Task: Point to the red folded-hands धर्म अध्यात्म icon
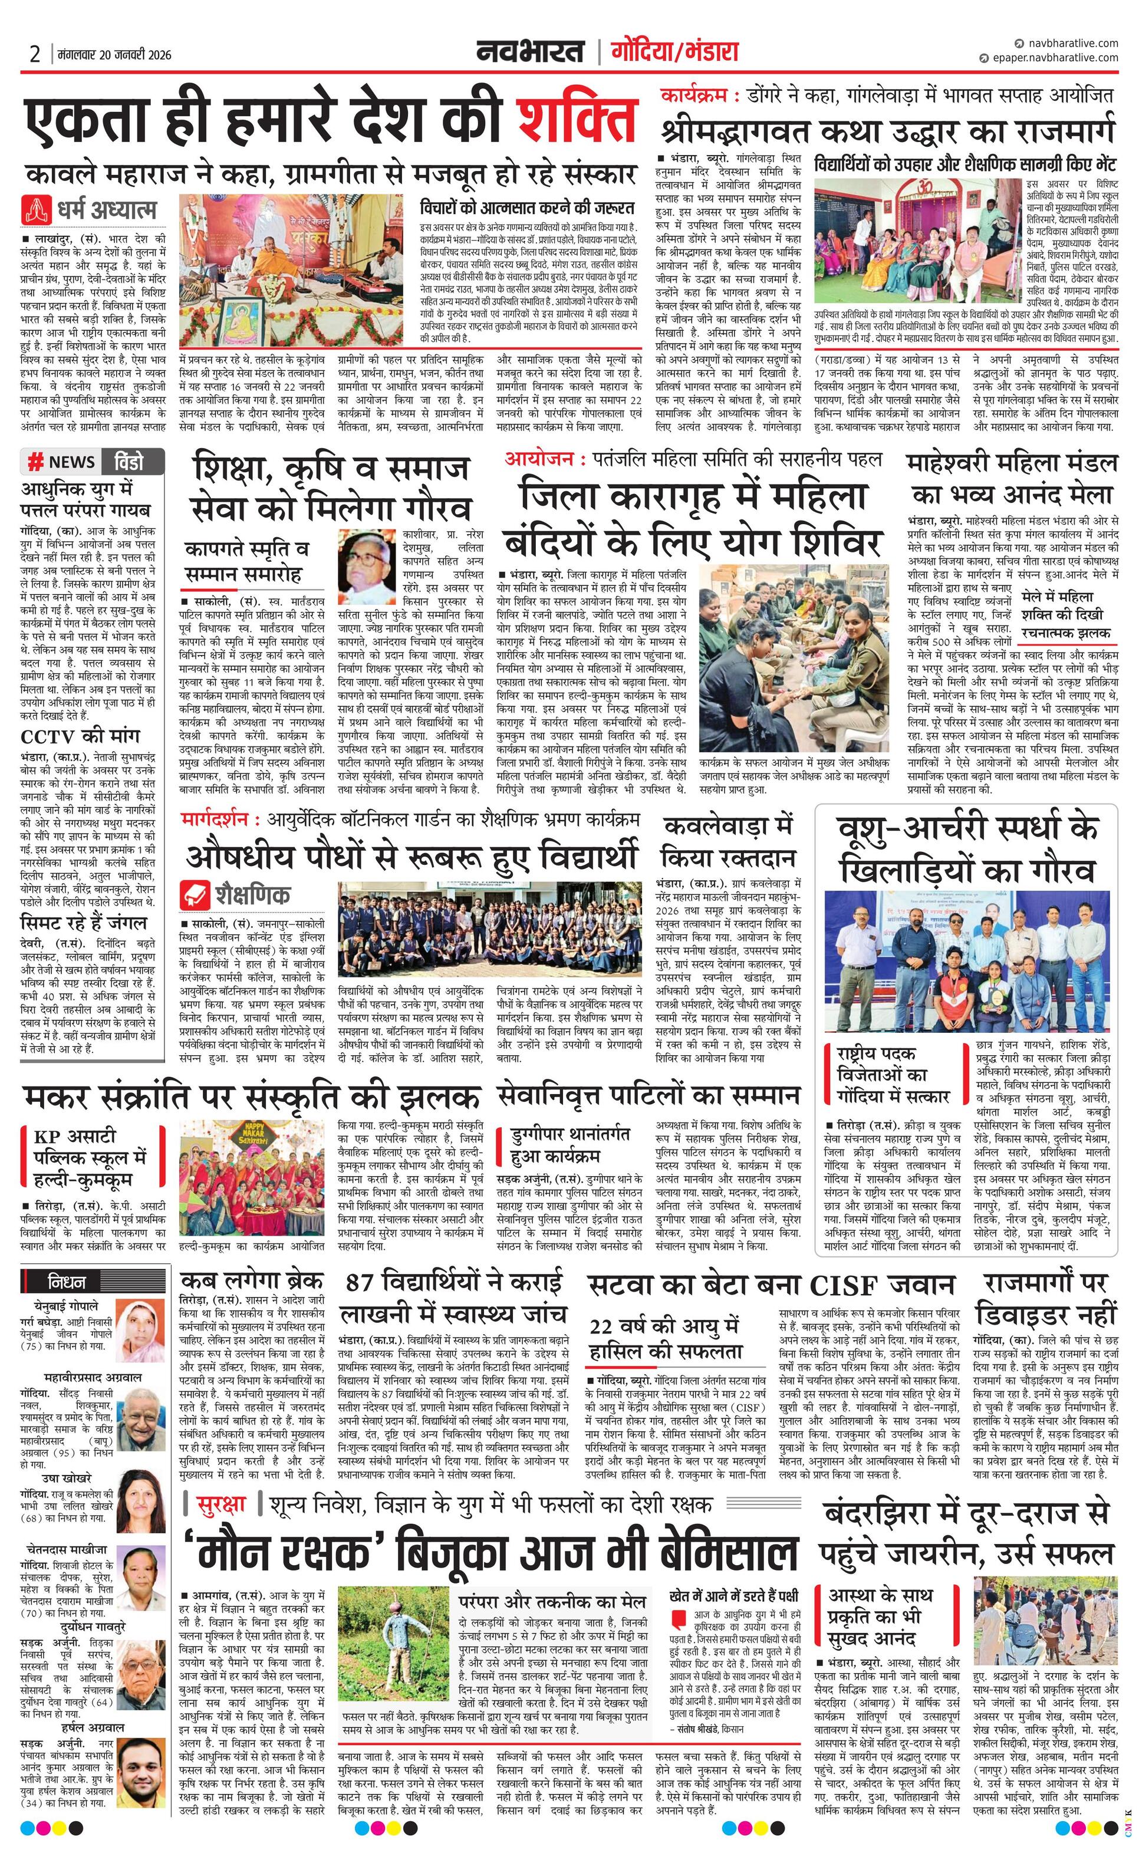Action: point(35,209)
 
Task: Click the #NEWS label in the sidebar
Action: point(63,462)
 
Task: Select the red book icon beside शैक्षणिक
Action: point(195,893)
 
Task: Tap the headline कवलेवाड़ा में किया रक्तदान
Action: point(727,841)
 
